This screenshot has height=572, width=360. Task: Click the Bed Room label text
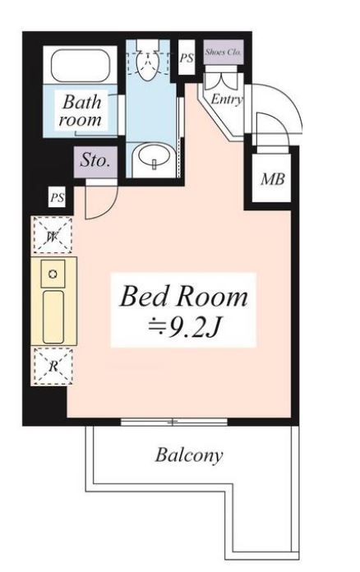183,297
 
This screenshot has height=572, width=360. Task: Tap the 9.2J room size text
183,328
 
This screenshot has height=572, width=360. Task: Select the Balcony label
189,455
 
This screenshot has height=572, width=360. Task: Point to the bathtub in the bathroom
81,66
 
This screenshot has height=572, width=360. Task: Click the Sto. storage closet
95,162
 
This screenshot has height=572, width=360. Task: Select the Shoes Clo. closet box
224,52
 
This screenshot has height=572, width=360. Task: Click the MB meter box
272,179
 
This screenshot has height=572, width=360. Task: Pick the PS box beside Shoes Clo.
187,58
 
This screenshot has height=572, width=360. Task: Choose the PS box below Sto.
58,198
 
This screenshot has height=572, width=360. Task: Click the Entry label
227,99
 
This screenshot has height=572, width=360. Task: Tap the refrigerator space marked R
53,366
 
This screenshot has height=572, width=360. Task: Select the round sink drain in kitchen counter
53,274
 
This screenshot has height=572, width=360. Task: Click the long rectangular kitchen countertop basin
53,316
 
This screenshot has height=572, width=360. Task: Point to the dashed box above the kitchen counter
53,234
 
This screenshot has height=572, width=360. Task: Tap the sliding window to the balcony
174,422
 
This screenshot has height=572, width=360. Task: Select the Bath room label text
81,110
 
